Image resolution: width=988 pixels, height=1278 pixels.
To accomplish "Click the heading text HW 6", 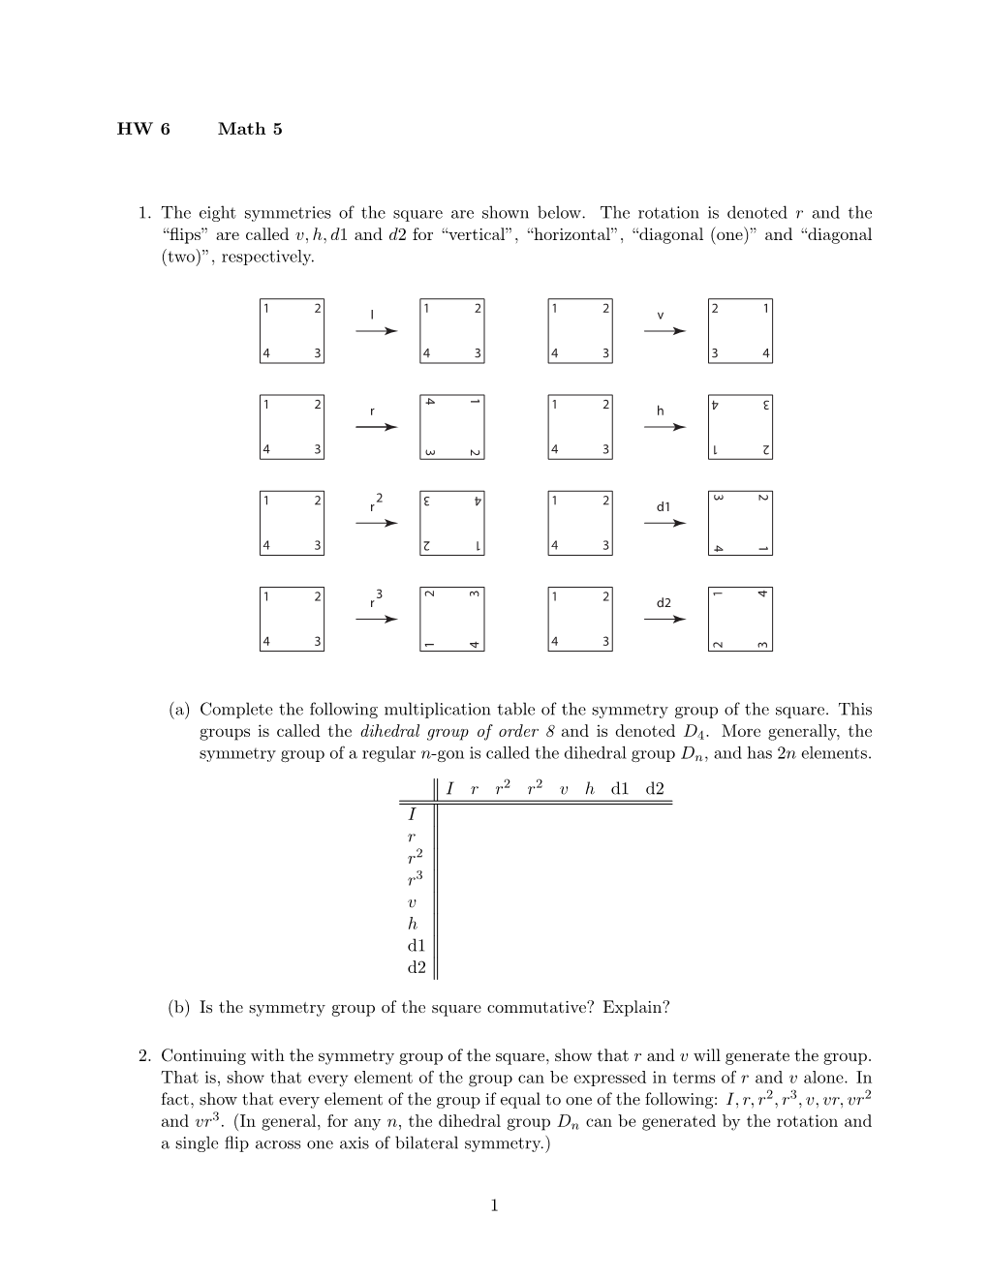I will [143, 129].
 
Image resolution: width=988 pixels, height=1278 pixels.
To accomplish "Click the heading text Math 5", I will [250, 129].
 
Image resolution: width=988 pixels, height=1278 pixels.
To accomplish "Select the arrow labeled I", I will [376, 331].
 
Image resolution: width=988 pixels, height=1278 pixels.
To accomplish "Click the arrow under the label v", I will [664, 331].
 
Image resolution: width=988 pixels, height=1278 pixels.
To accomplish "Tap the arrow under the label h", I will [664, 427].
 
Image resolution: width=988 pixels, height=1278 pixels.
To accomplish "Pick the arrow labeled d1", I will [664, 523].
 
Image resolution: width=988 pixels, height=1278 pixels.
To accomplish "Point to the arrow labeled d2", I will [664, 620].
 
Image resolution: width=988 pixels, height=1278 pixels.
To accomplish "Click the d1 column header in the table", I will [621, 789].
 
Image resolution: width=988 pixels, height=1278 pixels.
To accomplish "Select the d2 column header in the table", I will [655, 789].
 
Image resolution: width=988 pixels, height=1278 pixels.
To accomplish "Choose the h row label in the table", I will [413, 924].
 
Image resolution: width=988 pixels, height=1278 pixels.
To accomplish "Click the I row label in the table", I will [413, 814].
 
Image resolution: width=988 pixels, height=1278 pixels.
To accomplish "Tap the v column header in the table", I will [563, 789].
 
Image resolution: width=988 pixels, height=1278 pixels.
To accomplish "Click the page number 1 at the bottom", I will [494, 1205].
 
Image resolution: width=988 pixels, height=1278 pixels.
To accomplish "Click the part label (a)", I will [179, 711].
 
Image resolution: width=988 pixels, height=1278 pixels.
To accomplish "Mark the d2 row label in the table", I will [417, 966].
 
